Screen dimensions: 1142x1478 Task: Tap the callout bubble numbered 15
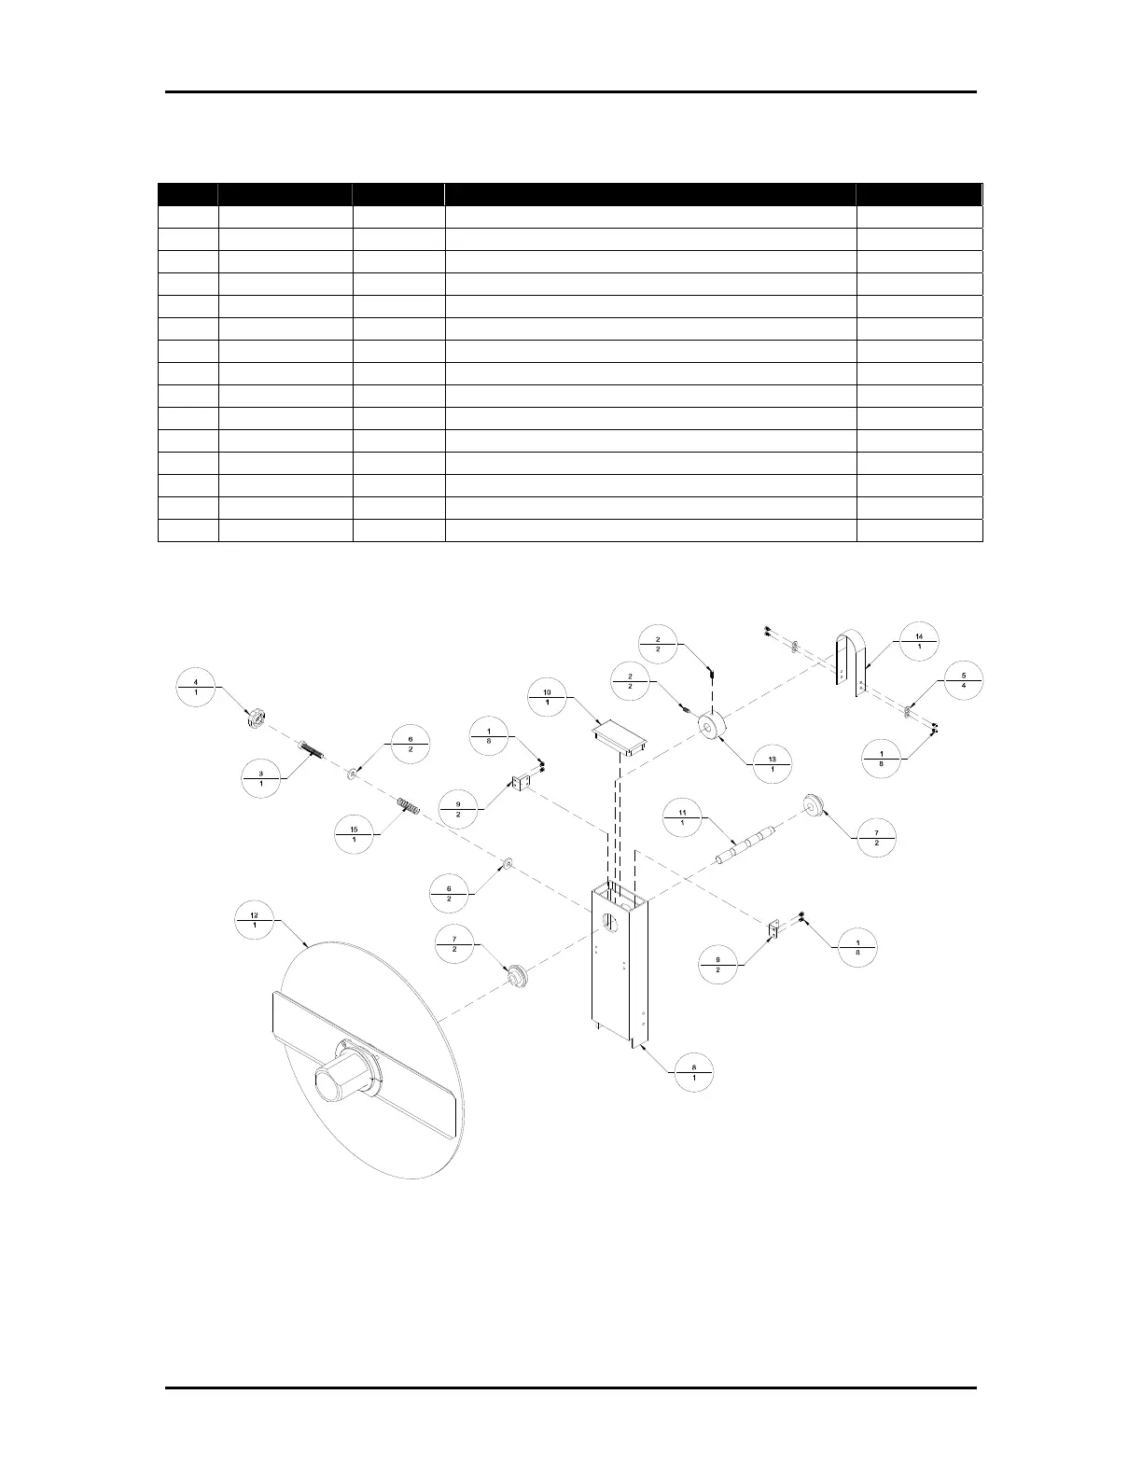[x=354, y=832]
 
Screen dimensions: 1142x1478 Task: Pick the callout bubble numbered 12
[x=255, y=925]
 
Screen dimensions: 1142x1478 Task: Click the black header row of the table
[x=569, y=194]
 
